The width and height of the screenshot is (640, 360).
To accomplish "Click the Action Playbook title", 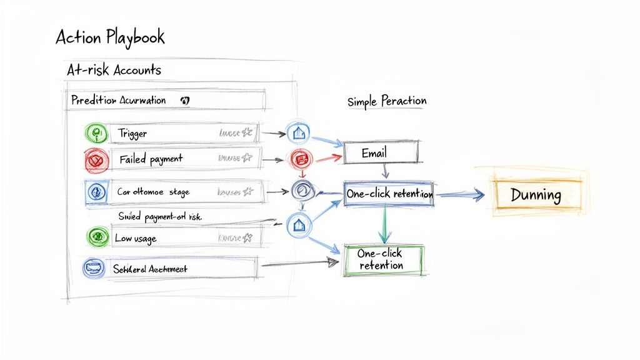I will (110, 37).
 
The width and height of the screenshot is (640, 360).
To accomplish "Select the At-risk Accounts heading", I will (114, 70).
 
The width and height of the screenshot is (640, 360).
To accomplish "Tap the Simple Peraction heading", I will (387, 101).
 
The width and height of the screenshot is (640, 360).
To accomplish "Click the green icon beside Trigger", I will (96, 133).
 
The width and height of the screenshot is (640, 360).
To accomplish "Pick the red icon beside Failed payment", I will (96, 159).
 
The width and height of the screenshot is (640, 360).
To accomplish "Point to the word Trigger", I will (132, 134).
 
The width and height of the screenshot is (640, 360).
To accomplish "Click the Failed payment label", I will (151, 159).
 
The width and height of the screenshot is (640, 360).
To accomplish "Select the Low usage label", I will (136, 238).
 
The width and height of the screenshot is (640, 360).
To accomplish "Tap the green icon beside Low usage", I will (96, 236).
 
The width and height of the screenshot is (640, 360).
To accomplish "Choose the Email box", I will (381, 152).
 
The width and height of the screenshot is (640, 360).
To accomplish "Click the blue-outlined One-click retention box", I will (389, 194).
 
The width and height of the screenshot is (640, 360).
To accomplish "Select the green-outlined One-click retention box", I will (383, 259).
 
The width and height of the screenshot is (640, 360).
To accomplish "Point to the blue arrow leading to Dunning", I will (460, 196).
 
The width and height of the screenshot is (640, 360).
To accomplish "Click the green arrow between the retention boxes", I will (384, 225).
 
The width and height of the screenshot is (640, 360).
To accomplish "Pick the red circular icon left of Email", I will (297, 158).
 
